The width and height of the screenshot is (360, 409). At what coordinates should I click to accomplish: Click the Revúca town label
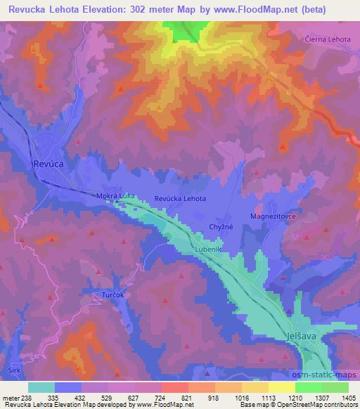48,163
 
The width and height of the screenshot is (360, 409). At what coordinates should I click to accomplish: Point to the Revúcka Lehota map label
180,199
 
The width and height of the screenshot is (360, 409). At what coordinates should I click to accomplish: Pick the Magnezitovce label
274,216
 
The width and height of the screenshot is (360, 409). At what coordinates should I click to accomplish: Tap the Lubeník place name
210,250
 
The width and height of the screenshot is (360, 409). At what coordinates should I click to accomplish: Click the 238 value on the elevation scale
27,397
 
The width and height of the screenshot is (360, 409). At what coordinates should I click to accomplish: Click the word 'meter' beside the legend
10,397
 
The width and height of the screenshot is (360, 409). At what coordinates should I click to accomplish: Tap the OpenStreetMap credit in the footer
328,405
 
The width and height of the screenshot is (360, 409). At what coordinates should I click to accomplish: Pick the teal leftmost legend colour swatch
41,387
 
